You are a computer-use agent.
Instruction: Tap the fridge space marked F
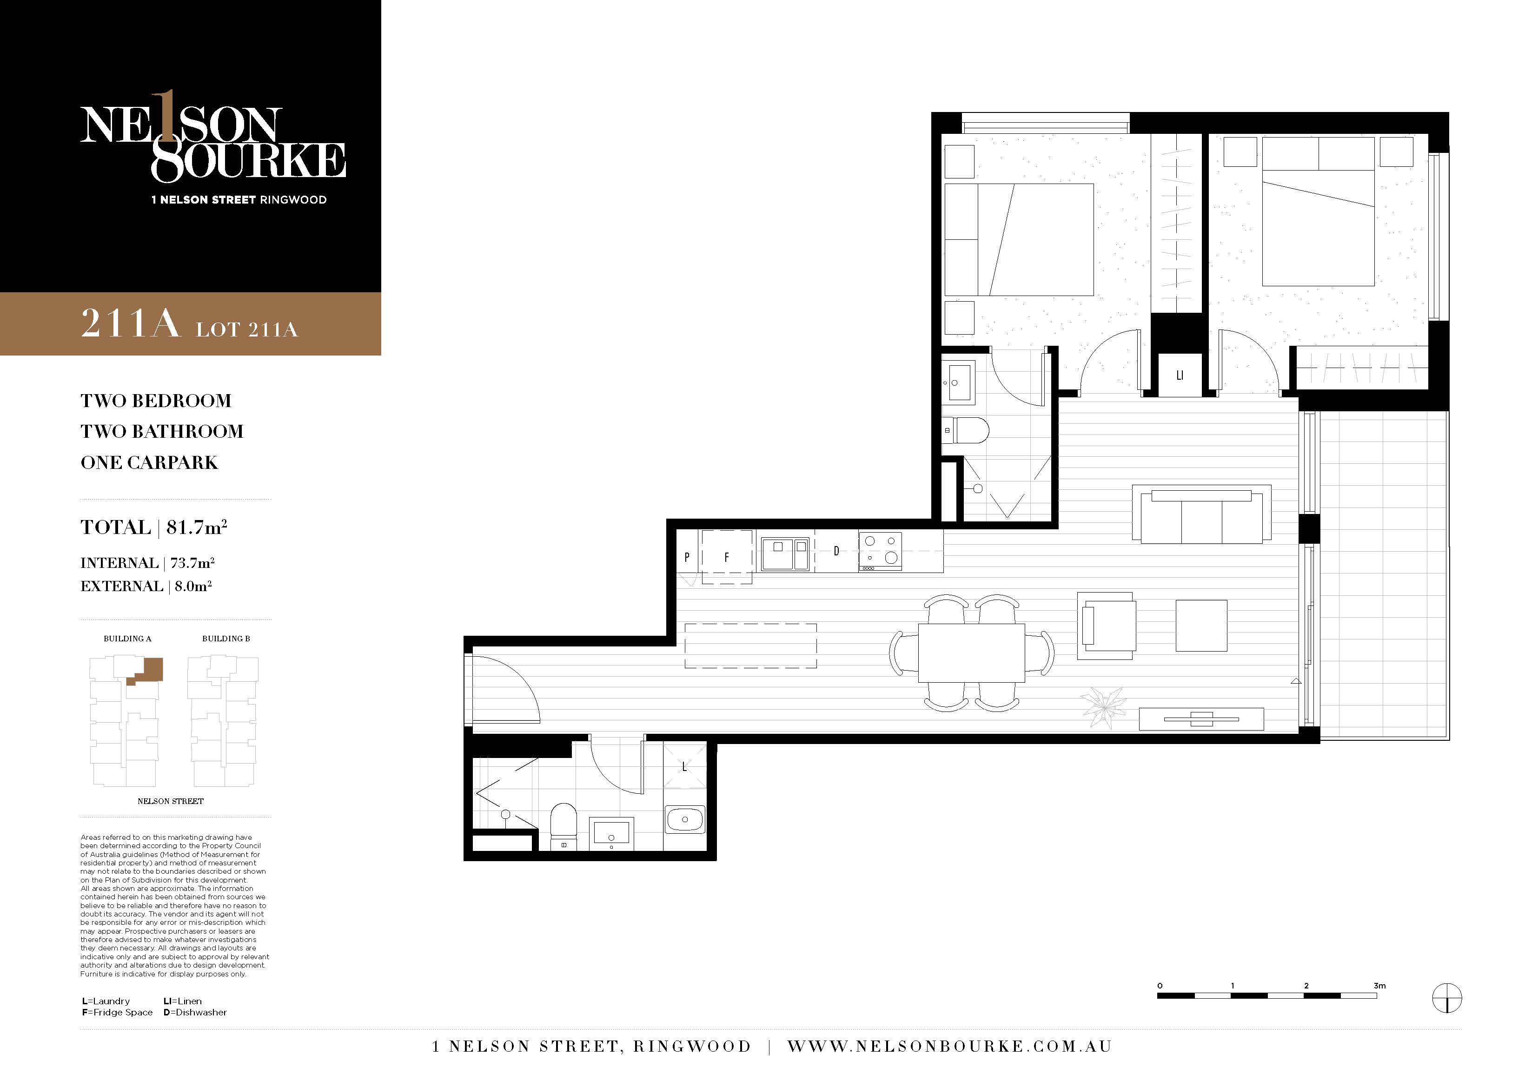click(x=727, y=557)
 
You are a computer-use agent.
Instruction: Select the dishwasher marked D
click(x=837, y=551)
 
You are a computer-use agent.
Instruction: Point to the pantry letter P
click(x=687, y=557)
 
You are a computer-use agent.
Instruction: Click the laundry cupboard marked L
click(x=684, y=767)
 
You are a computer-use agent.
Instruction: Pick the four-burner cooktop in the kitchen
click(x=880, y=551)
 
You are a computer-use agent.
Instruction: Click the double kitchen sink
click(x=785, y=554)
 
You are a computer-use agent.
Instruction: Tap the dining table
click(x=971, y=653)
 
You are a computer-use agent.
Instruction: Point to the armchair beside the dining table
click(x=1107, y=626)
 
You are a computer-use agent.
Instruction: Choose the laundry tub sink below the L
click(x=684, y=819)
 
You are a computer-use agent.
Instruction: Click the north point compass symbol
click(x=1447, y=999)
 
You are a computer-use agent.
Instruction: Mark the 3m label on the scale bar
click(x=1379, y=986)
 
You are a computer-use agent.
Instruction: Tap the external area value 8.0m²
click(x=193, y=586)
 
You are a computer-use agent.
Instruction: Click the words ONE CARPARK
click(x=149, y=463)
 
